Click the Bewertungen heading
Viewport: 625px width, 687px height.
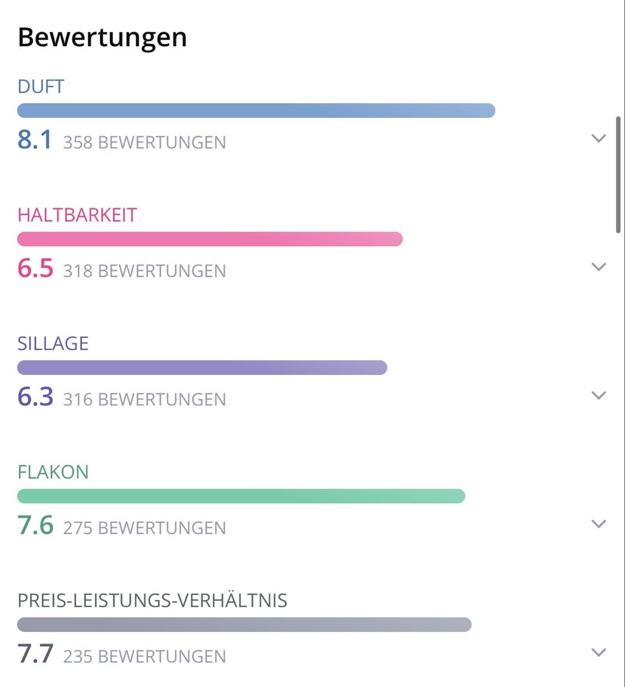(x=102, y=38)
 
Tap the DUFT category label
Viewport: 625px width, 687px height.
(x=41, y=86)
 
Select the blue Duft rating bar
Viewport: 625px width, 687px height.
(x=256, y=110)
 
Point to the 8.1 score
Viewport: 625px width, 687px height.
(x=34, y=140)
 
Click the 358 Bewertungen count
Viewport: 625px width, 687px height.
(x=144, y=142)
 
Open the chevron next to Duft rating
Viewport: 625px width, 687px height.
(x=599, y=139)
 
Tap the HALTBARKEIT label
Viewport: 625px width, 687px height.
(x=77, y=215)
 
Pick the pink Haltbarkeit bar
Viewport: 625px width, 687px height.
(x=210, y=239)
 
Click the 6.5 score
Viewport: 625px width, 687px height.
(x=36, y=268)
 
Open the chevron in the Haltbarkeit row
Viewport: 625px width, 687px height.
(x=599, y=267)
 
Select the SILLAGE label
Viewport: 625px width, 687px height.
(x=53, y=343)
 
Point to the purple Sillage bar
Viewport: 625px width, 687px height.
(x=202, y=368)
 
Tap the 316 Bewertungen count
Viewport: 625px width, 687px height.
(x=144, y=400)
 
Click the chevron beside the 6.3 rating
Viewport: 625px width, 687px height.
(x=599, y=395)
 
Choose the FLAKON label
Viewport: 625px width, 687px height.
(x=53, y=472)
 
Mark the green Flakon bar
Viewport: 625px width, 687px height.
(x=241, y=496)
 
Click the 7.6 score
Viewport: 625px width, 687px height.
(x=36, y=525)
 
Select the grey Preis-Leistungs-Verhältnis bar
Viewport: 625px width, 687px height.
(x=245, y=625)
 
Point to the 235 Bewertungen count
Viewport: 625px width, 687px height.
(x=144, y=657)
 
